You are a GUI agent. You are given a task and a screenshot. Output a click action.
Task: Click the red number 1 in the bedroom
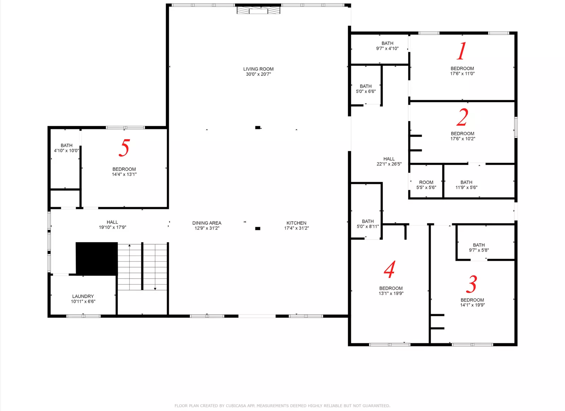461,51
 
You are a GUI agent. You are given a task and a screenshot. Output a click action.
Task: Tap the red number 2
462,117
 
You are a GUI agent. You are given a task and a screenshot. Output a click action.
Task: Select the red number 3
471,284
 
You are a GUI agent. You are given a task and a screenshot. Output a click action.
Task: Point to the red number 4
389,269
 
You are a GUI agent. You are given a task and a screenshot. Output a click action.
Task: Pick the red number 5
124,148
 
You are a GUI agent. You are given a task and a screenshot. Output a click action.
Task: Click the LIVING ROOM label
258,69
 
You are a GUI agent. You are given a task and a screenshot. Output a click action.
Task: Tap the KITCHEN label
296,223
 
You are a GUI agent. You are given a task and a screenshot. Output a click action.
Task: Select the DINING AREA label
207,223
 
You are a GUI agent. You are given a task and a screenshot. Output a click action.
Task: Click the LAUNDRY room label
83,296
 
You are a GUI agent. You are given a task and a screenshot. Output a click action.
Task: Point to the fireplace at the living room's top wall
258,10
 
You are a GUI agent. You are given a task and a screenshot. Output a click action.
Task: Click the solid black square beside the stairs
96,258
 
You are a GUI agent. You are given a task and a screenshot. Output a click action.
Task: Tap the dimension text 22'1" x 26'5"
389,164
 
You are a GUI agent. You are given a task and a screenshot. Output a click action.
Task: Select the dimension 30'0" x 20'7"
258,74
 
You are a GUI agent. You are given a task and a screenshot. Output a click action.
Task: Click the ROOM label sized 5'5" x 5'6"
426,182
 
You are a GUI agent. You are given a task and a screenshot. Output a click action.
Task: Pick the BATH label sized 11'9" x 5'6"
466,182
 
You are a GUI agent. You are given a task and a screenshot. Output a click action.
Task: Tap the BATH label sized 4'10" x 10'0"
66,145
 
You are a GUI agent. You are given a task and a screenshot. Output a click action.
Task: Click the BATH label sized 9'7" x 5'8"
479,245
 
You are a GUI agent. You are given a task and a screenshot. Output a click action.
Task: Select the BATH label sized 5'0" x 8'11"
368,221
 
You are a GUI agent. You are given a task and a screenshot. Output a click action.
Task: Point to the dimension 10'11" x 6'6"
83,301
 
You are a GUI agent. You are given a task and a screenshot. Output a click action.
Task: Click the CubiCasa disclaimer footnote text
282,406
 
